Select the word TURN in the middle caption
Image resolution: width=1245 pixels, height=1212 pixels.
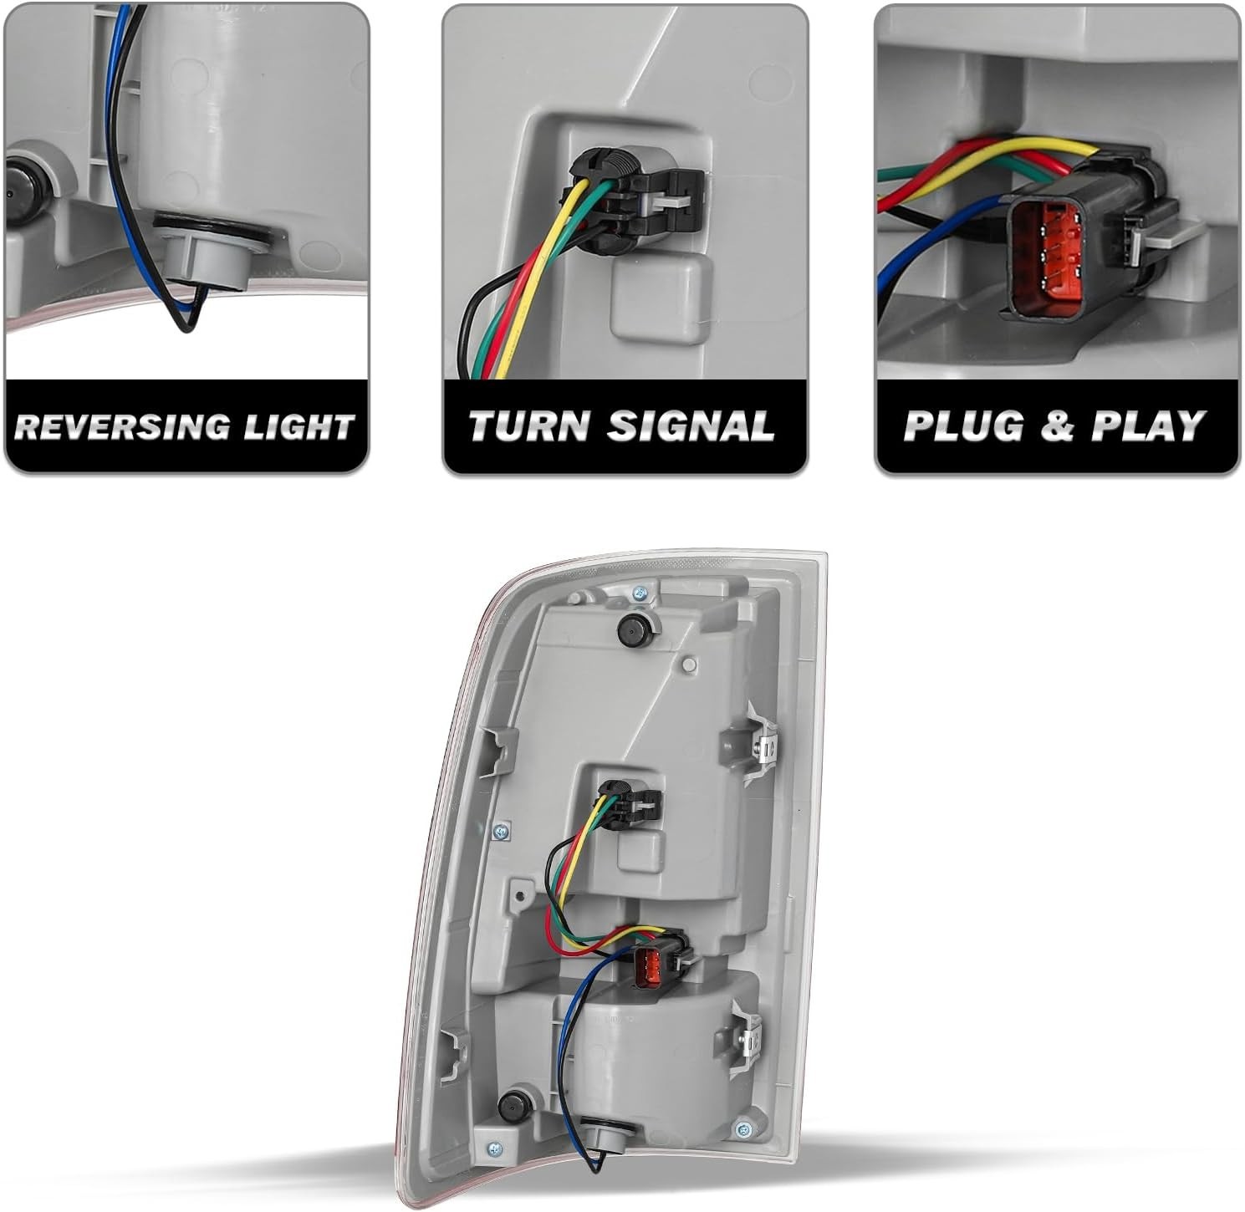[528, 426]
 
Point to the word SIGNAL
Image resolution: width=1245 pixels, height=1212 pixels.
[691, 426]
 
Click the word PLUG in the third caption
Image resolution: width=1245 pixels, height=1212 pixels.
[963, 426]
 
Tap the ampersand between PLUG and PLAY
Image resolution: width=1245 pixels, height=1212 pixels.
[1057, 426]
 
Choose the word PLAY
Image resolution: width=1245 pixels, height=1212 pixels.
[1148, 426]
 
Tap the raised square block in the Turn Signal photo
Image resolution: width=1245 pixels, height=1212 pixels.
[661, 295]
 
